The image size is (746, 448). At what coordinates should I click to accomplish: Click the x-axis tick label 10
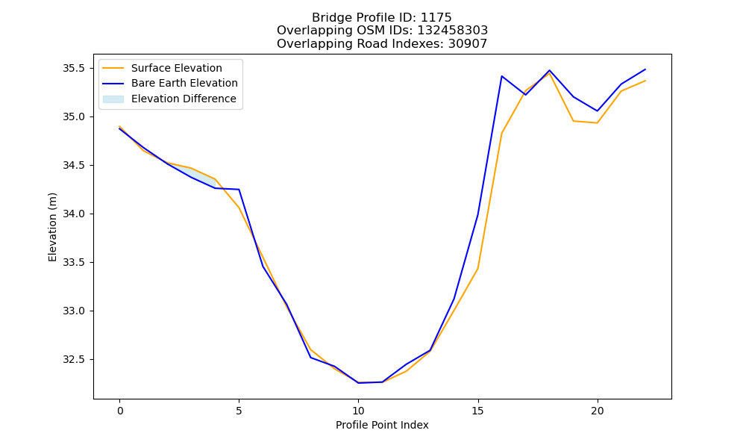tap(358, 411)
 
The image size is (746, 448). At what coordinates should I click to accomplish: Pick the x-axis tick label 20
tap(597, 411)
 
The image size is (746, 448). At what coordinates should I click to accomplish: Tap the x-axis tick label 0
tap(120, 411)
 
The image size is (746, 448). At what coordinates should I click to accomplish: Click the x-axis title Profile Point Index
tap(382, 425)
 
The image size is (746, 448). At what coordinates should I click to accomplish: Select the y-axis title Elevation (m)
tap(52, 227)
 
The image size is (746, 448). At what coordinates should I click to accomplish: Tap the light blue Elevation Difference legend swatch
tap(113, 99)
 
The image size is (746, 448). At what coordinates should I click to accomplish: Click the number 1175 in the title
tap(436, 18)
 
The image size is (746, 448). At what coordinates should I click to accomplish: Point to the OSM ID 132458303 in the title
tap(453, 31)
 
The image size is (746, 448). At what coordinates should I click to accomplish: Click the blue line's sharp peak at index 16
tap(501, 76)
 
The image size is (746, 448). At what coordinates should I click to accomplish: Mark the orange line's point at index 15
tap(477, 269)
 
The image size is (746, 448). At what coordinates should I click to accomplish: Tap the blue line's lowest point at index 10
tap(358, 383)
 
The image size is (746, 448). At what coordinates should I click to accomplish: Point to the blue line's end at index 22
tap(645, 69)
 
